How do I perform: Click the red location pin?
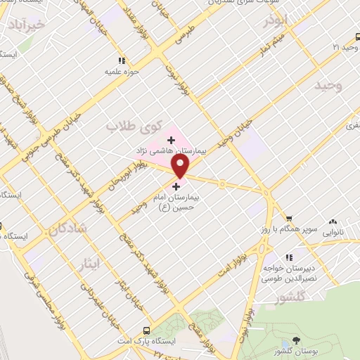tap(181, 165)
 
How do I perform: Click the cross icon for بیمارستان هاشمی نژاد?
tap(172, 140)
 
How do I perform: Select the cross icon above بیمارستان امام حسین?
tap(176, 186)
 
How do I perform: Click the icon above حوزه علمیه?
tap(122, 61)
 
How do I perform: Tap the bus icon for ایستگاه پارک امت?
tap(146, 330)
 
